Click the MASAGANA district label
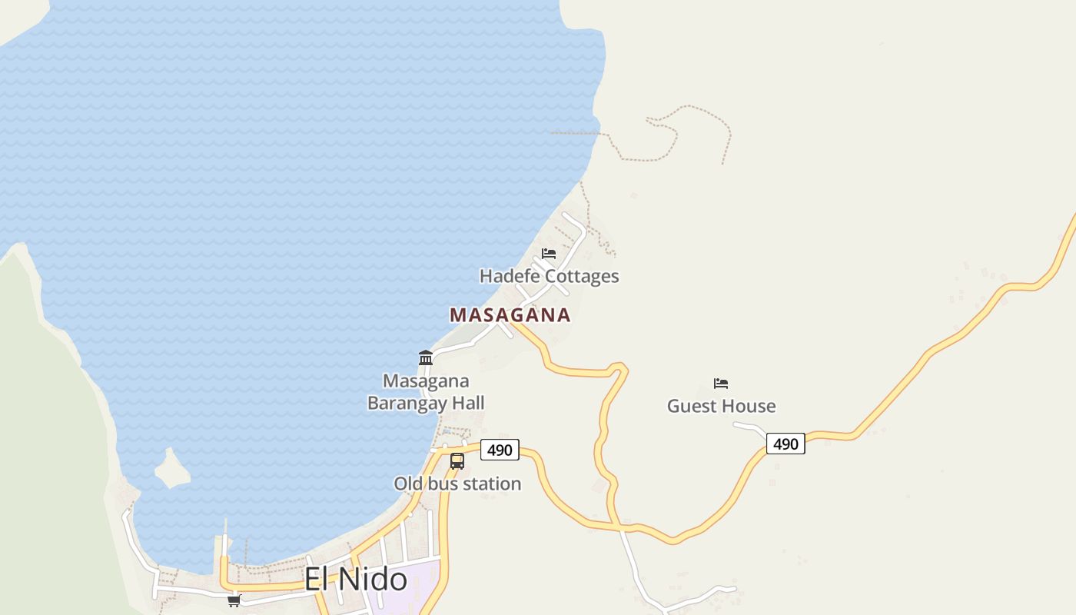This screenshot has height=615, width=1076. click(510, 315)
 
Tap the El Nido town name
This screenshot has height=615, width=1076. click(355, 579)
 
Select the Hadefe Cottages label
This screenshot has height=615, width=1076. click(549, 276)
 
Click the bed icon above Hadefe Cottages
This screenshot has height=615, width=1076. click(549, 253)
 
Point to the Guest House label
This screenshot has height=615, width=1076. click(721, 406)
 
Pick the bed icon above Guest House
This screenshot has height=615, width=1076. click(721, 384)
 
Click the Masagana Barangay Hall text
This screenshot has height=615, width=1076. click(426, 392)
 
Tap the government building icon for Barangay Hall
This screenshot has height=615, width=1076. click(426, 357)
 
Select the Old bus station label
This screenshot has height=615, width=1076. click(457, 484)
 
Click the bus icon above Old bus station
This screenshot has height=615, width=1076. click(457, 461)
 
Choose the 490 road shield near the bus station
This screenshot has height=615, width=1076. click(500, 450)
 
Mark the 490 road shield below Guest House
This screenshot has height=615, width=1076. click(785, 444)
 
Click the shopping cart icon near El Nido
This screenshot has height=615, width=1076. click(234, 600)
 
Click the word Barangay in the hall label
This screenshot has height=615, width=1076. click(400, 403)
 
